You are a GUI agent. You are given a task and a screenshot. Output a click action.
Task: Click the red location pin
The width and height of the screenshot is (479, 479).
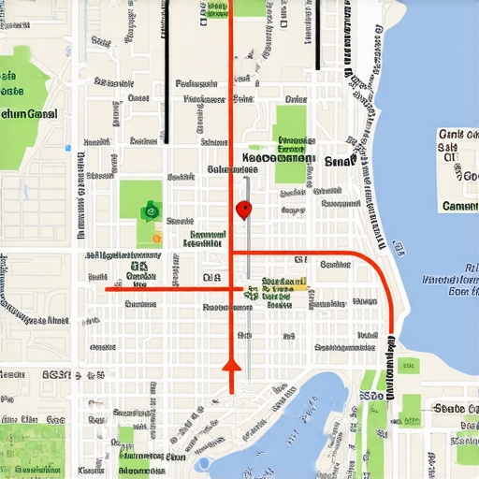(x=244, y=209)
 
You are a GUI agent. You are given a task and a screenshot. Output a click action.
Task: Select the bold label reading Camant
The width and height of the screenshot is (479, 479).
(x=459, y=206)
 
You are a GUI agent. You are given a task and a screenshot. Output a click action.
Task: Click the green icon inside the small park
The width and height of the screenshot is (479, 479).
(x=147, y=211)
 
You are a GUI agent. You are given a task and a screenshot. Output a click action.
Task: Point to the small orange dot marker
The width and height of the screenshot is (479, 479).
(x=156, y=239)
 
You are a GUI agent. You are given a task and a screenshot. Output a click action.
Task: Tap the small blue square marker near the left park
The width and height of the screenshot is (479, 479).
(x=66, y=148)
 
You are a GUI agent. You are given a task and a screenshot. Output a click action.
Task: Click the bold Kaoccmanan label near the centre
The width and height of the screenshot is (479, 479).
(x=278, y=159)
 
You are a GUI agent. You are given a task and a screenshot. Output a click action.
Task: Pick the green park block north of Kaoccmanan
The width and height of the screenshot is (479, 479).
(x=290, y=126)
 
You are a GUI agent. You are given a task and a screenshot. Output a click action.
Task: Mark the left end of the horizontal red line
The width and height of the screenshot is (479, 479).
(x=108, y=289)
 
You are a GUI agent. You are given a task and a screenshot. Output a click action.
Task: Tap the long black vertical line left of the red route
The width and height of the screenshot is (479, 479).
(x=167, y=70)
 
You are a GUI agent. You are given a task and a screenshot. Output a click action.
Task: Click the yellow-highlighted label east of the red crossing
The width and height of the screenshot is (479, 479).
(x=284, y=282)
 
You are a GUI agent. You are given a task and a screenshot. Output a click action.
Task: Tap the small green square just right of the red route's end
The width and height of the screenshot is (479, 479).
(x=409, y=365)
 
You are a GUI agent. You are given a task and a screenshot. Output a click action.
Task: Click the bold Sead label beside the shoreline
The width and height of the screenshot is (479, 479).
(x=336, y=161)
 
